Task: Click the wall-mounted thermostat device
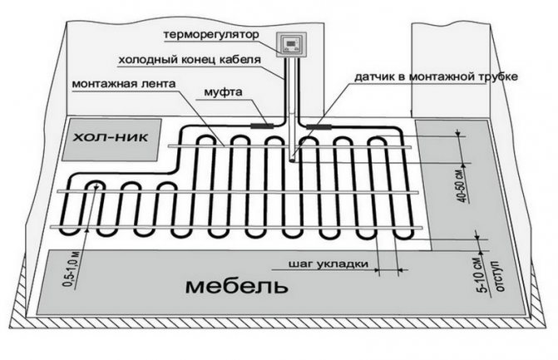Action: pos(292,44)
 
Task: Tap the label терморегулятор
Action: pos(211,35)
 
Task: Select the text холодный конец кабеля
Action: pos(190,59)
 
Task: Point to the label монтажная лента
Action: pos(124,84)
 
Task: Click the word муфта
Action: pos(223,92)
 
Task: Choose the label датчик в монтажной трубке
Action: pos(436,76)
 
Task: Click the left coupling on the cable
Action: pos(262,126)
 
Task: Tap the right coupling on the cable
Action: pos(319,126)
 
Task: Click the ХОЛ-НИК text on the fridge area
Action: pos(111,137)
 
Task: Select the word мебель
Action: pos(236,286)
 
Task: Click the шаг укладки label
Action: pos(328,264)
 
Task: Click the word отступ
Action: pos(499,276)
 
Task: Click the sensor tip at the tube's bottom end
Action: pos(293,160)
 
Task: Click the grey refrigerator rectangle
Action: pos(111,139)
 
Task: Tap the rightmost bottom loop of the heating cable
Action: pos(403,234)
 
